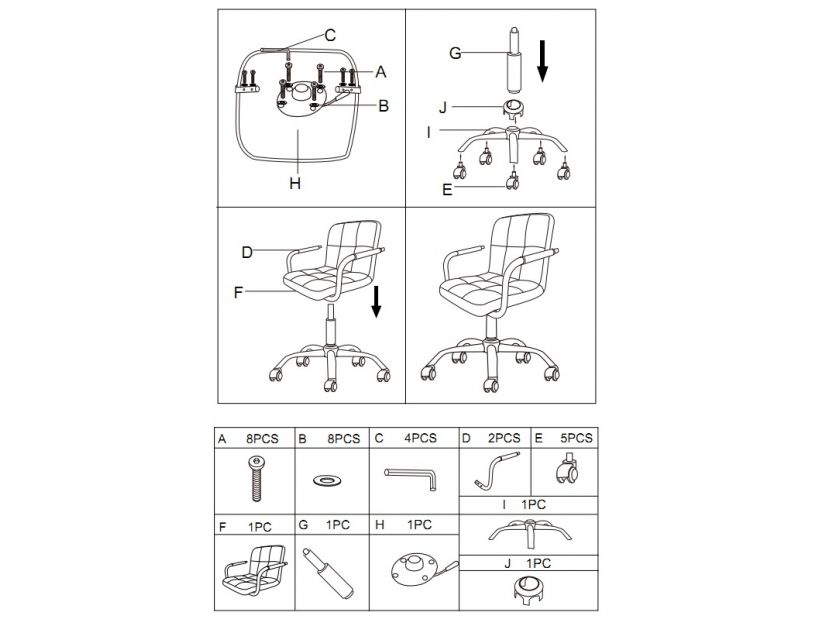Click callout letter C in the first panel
pyautogui.click(x=330, y=36)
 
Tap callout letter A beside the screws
pyautogui.click(x=381, y=72)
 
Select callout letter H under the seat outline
pyautogui.click(x=295, y=184)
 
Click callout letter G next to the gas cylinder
pyautogui.click(x=455, y=53)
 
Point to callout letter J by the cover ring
pyautogui.click(x=443, y=108)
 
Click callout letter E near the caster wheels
pyautogui.click(x=447, y=189)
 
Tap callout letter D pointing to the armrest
pyautogui.click(x=247, y=253)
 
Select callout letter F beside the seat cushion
pyautogui.click(x=238, y=293)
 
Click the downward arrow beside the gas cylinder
pyautogui.click(x=542, y=61)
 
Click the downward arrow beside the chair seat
pyautogui.click(x=376, y=302)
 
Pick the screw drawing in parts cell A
pyautogui.click(x=256, y=478)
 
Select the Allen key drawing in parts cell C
pyautogui.click(x=411, y=478)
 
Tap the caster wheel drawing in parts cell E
pyautogui.click(x=567, y=469)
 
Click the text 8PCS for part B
pyautogui.click(x=344, y=439)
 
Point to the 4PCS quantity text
pyautogui.click(x=420, y=438)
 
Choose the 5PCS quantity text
pyautogui.click(x=576, y=438)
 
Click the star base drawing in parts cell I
pyautogui.click(x=530, y=532)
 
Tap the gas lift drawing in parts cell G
pyautogui.click(x=328, y=573)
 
